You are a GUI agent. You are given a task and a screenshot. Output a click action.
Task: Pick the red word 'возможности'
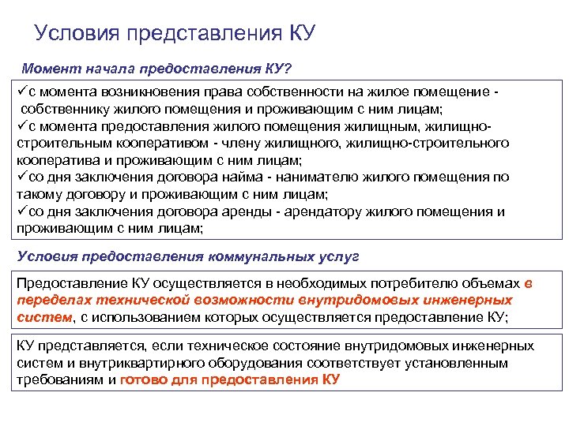click(x=254, y=301)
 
